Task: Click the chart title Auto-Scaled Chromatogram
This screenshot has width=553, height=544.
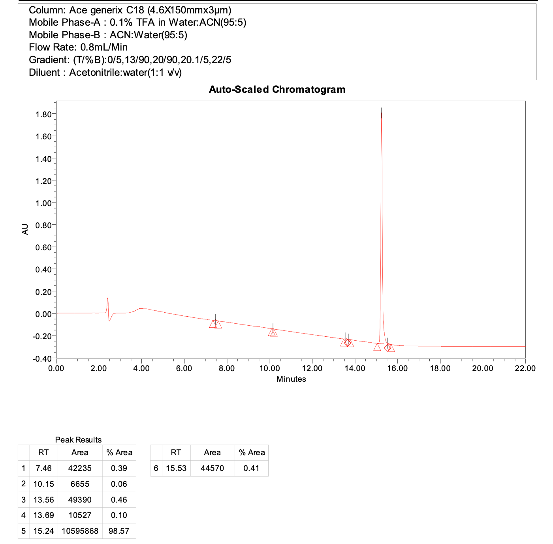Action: (277, 90)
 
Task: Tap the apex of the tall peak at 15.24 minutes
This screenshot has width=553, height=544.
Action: (381, 108)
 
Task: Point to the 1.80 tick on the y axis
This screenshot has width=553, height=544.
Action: (43, 114)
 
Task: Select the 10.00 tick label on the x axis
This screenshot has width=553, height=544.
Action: (269, 368)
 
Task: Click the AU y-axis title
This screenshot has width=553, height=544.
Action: (25, 229)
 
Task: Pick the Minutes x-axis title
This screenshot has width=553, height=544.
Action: (291, 379)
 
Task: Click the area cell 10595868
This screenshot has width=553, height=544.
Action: (80, 531)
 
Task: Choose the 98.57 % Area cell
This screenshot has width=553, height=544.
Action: (119, 531)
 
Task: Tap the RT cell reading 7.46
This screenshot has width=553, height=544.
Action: (43, 468)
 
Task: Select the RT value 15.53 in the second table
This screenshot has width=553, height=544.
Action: (176, 468)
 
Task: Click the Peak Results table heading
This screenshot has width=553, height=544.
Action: (78, 440)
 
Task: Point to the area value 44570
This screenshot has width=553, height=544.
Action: (212, 468)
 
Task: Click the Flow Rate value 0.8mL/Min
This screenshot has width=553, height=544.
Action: (104, 47)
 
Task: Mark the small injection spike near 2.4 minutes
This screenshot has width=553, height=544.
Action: (107, 299)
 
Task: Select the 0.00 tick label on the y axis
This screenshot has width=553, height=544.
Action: (43, 314)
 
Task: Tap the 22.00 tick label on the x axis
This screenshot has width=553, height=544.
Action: (525, 368)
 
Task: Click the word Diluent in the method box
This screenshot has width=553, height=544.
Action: (44, 73)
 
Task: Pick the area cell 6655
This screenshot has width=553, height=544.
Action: (80, 484)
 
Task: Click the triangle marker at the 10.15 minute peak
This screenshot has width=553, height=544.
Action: (273, 333)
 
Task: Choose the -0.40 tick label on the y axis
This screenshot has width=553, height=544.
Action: (43, 358)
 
